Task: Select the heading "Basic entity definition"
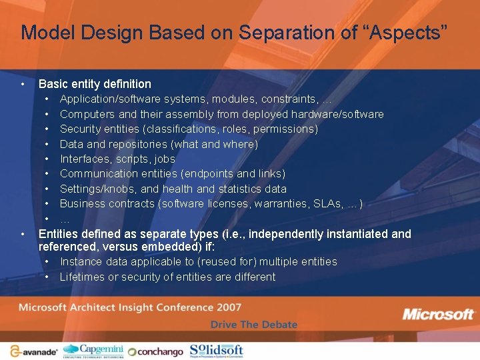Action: click(95, 84)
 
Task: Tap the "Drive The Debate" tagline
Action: click(254, 324)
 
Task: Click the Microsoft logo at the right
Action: click(438, 314)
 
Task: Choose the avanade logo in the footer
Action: click(33, 351)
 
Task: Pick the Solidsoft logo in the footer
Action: click(216, 350)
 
